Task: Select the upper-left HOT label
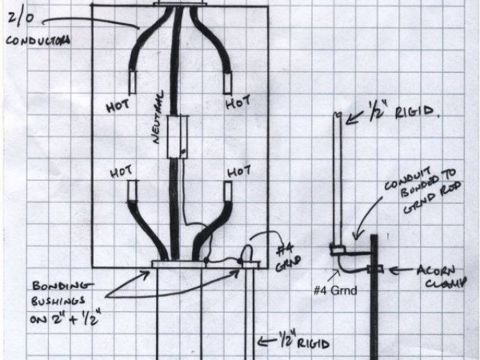click(x=118, y=106)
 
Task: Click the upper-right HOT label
click(x=238, y=100)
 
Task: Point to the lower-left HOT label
click(x=121, y=172)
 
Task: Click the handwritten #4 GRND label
click(x=287, y=254)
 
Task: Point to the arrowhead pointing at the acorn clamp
click(x=393, y=268)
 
